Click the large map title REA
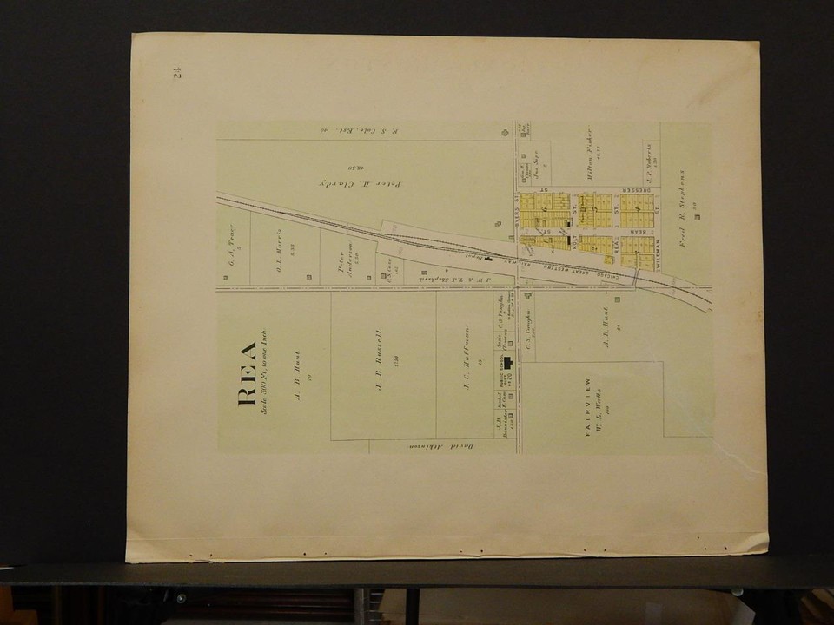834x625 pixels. click(247, 373)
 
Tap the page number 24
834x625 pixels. click(177, 73)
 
